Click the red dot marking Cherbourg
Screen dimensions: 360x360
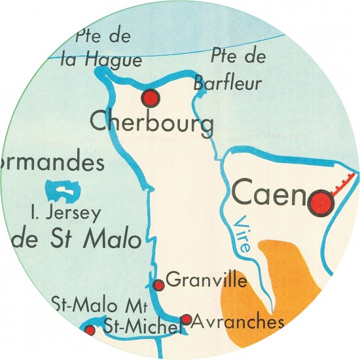coord(151,98)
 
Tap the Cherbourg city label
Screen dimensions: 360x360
coord(152,123)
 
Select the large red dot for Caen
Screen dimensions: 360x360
coord(321,202)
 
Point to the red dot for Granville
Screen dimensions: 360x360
coord(158,285)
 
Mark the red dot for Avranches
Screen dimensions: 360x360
coord(186,319)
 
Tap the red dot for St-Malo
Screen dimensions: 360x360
coord(90,331)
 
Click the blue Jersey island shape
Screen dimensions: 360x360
coord(63,191)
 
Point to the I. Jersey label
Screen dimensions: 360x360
coord(66,213)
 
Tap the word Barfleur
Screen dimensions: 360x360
coord(227,83)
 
